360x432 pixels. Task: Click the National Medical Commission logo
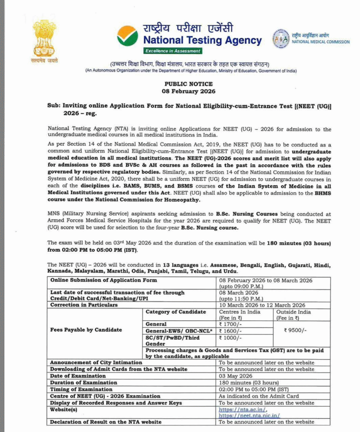(x=281, y=39)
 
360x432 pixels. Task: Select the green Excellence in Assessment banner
(x=173, y=51)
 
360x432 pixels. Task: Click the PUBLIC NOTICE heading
(x=189, y=84)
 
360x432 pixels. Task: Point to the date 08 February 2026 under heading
(x=189, y=91)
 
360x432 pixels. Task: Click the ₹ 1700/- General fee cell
(x=230, y=324)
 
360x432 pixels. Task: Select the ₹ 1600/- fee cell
(x=230, y=331)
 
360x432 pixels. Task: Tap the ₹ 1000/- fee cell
(x=230, y=338)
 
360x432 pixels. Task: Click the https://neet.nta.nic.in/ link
(x=249, y=416)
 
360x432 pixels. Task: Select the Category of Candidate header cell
(x=176, y=312)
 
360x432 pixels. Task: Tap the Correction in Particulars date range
(x=262, y=305)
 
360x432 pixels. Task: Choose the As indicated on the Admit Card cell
(x=259, y=396)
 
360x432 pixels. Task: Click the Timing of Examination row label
(x=81, y=389)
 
